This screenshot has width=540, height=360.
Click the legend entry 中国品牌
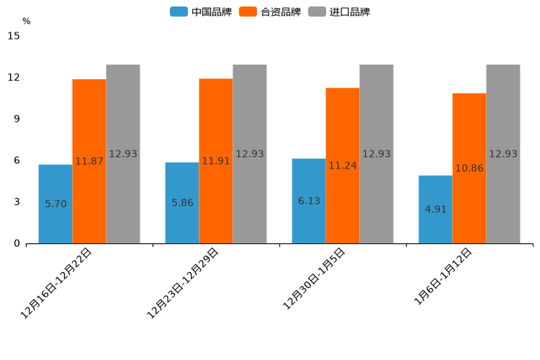201,12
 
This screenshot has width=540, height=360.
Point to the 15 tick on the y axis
14,36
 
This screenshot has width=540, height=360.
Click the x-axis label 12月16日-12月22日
57,282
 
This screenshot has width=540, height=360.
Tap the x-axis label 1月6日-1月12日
443,276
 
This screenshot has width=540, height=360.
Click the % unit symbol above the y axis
26,21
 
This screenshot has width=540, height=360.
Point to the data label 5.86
182,202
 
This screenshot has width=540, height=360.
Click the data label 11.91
216,161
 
